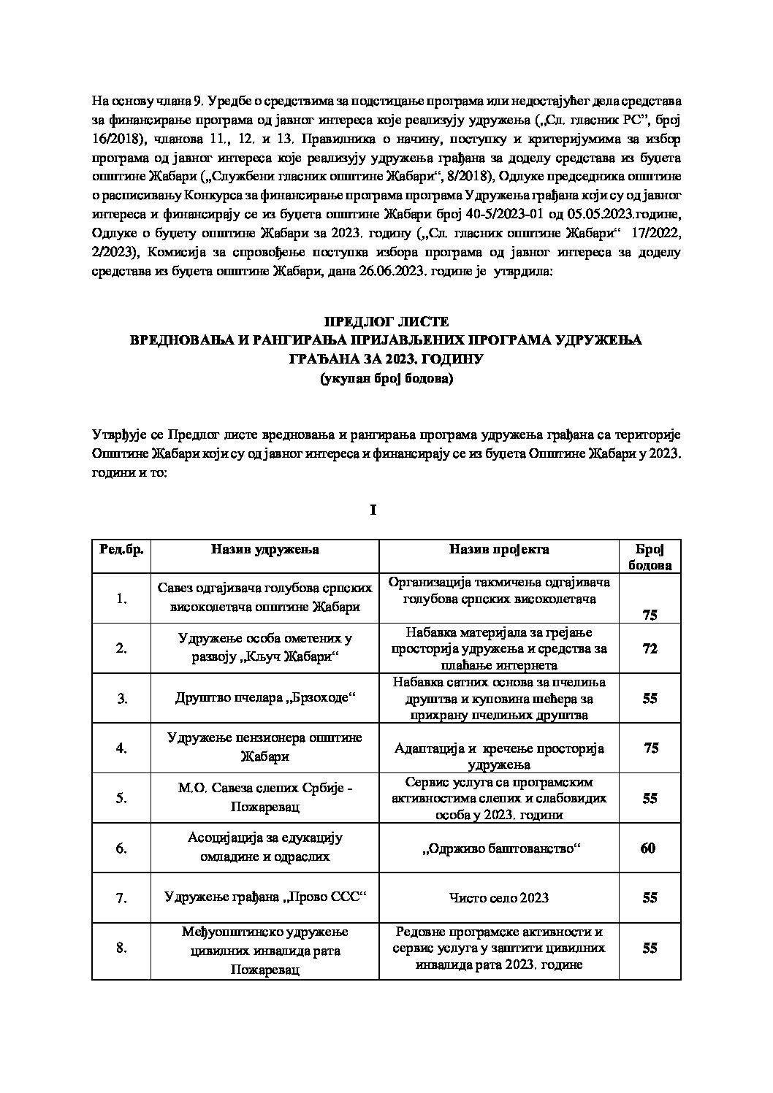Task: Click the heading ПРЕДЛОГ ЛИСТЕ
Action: (386, 322)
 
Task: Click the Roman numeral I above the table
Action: (373, 510)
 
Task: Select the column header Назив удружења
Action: (265, 549)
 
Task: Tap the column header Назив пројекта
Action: (498, 549)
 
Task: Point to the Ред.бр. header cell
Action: (121, 549)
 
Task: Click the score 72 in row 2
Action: (649, 648)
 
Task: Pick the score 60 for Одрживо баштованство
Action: (649, 848)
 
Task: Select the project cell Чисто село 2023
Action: (498, 898)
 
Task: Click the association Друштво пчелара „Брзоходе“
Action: (265, 698)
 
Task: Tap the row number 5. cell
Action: (121, 798)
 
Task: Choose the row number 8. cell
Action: (121, 948)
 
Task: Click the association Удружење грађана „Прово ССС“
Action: (265, 898)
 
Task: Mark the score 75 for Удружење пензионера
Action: (652, 748)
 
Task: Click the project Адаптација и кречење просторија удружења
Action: (498, 756)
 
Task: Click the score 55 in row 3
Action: (649, 698)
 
